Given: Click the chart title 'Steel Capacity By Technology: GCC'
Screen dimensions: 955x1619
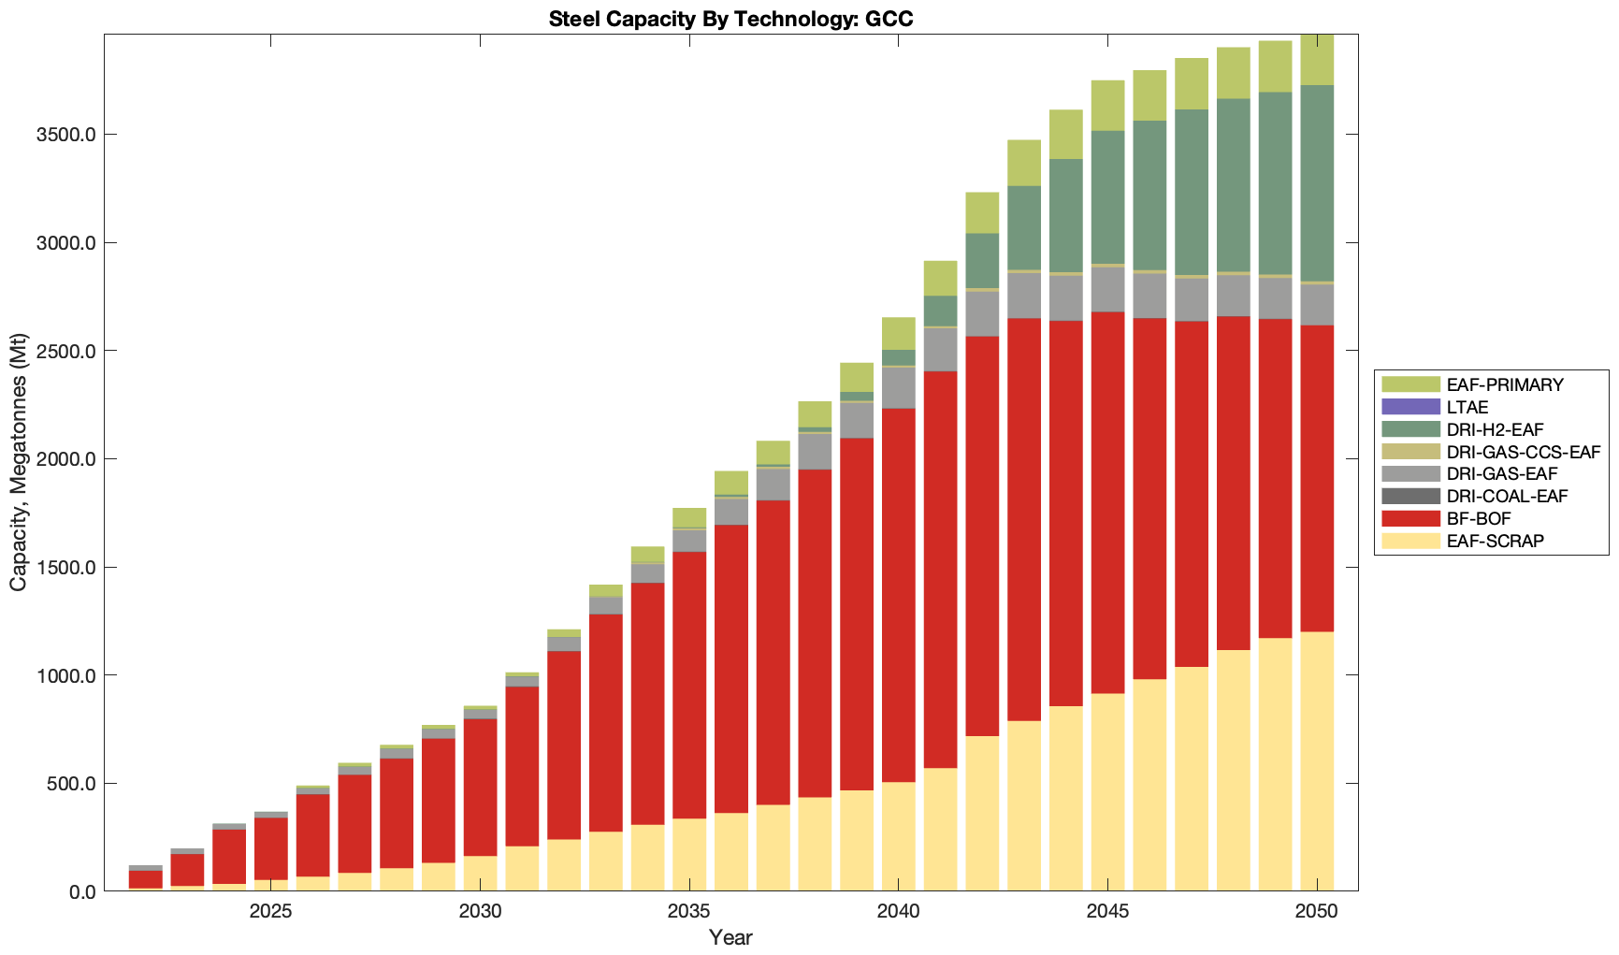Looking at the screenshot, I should point(730,19).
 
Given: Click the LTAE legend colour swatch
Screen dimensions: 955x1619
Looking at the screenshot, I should point(1410,407).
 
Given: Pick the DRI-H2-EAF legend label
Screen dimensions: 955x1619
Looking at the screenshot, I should point(1495,429).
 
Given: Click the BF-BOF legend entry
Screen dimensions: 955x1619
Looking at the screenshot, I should point(1478,518).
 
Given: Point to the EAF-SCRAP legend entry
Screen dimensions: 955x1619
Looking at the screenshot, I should point(1495,541).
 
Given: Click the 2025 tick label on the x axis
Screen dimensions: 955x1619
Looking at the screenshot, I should point(270,912).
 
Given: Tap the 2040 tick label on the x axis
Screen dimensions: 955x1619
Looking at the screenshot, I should point(898,912).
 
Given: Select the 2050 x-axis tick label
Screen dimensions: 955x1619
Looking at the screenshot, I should point(1317,912).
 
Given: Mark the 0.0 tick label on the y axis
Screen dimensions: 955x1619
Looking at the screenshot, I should point(82,891).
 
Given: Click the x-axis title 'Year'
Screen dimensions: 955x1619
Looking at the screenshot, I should point(730,937).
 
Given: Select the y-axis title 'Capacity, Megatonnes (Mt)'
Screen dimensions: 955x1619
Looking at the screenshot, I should point(19,463).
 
